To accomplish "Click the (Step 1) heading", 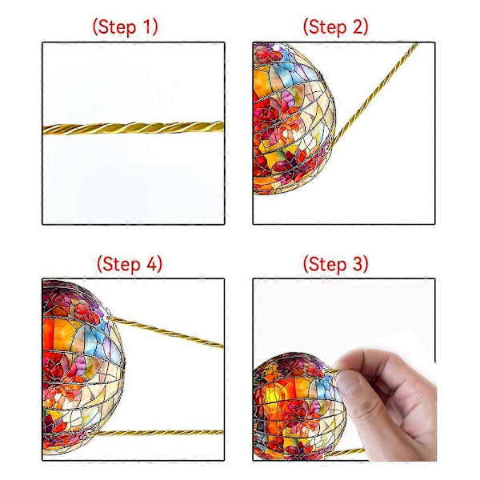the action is [126, 27].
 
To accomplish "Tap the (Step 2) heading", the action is [335, 27].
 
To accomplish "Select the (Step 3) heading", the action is [335, 264].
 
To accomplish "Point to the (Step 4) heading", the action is [130, 264].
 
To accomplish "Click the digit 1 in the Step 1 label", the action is [147, 26].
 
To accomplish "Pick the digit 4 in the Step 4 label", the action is [151, 263].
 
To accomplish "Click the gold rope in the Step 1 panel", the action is [133, 128].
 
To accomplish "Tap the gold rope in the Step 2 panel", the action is [374, 94].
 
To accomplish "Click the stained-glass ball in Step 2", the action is [294, 118].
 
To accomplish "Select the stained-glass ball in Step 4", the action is [83, 369].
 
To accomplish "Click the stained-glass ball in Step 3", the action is [298, 406].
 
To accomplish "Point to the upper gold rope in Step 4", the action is [166, 332].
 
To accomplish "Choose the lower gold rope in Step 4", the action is [156, 433].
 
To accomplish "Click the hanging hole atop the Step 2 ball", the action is [277, 48].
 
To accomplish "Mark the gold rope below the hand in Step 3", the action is [346, 453].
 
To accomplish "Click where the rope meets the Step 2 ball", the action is [332, 145].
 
